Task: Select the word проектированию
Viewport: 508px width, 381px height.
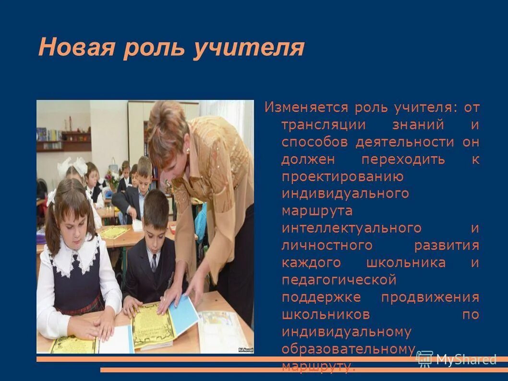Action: pos(342,177)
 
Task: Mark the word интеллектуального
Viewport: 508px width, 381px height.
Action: pos(351,228)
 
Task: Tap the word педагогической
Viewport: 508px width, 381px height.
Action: pos(339,280)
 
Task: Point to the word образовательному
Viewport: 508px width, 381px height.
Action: pos(348,349)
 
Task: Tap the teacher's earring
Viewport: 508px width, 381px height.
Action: pos(188,150)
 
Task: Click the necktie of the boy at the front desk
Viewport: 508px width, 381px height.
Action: pos(154,262)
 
